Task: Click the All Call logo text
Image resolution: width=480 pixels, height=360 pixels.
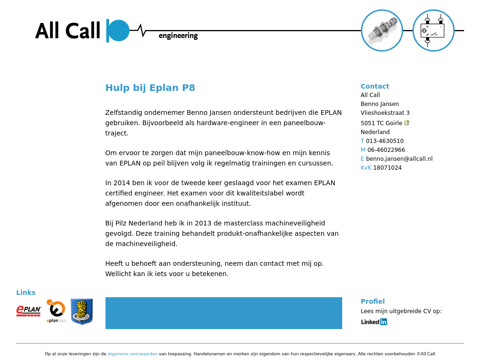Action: (x=67, y=31)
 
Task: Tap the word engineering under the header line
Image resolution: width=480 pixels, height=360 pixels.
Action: (x=178, y=36)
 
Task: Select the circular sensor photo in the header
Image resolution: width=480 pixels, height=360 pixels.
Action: (x=382, y=30)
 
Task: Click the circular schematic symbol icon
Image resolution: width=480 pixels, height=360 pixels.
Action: (x=433, y=30)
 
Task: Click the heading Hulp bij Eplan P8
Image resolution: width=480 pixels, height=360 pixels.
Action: (x=150, y=88)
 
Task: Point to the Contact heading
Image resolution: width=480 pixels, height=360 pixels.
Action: (x=375, y=86)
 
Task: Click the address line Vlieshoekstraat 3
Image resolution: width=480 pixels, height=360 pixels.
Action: (x=385, y=113)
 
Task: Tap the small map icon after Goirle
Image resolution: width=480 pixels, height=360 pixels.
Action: (x=406, y=123)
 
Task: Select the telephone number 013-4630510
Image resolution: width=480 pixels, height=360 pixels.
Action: (x=384, y=141)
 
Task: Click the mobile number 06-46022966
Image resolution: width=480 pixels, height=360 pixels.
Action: (x=386, y=150)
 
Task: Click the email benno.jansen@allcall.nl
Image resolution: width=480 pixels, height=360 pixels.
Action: (x=399, y=159)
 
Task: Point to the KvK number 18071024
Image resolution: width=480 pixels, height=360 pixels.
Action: (x=387, y=168)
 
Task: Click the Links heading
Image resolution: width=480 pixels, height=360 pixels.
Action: (x=26, y=292)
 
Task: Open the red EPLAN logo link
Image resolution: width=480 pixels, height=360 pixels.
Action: (x=29, y=310)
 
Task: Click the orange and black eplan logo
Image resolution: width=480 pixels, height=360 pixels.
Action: (x=56, y=311)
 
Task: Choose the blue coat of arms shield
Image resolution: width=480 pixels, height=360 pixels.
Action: (x=82, y=311)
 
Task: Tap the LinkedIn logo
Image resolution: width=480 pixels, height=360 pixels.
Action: (x=374, y=322)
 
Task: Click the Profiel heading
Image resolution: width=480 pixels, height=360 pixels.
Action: (x=372, y=301)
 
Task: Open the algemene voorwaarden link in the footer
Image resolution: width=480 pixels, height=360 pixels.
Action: (x=132, y=354)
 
